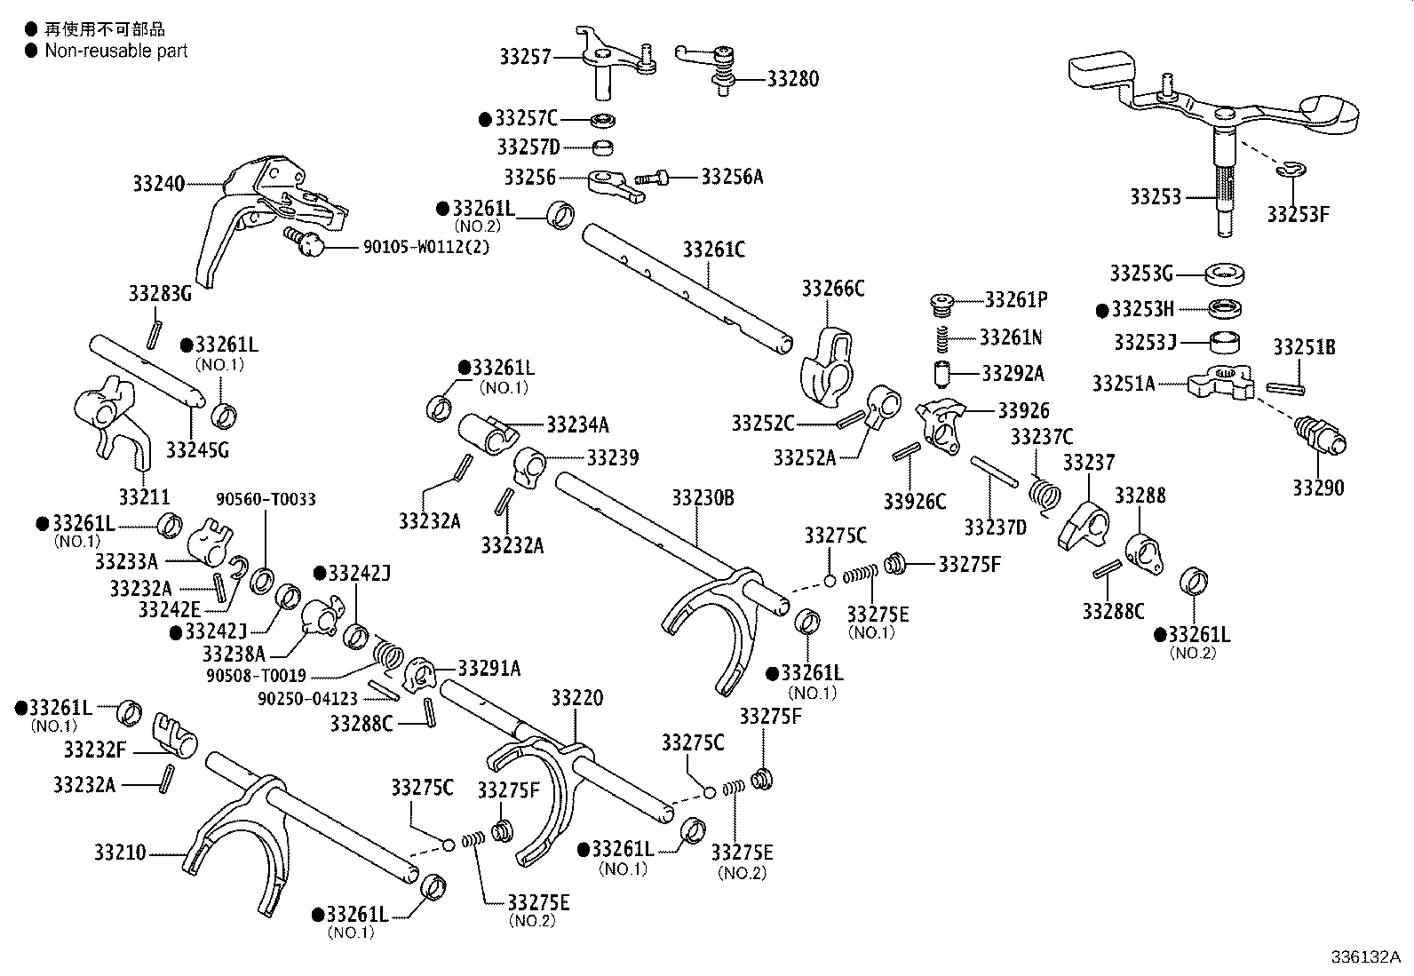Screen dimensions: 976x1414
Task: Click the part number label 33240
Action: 158,185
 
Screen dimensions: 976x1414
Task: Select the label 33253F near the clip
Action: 1298,215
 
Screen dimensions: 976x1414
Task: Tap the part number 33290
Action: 1318,488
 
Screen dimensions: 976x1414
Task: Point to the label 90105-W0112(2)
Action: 426,246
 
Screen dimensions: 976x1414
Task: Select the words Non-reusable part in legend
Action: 116,51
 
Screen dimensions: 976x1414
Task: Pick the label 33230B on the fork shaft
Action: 703,497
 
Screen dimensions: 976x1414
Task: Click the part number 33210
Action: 119,853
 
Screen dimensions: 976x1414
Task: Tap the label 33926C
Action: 914,502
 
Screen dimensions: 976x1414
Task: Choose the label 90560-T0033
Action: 266,500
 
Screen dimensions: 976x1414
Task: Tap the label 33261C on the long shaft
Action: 714,250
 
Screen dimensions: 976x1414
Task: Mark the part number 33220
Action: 576,698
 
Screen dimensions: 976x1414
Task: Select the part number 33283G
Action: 160,293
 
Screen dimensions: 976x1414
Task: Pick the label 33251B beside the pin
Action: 1304,347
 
